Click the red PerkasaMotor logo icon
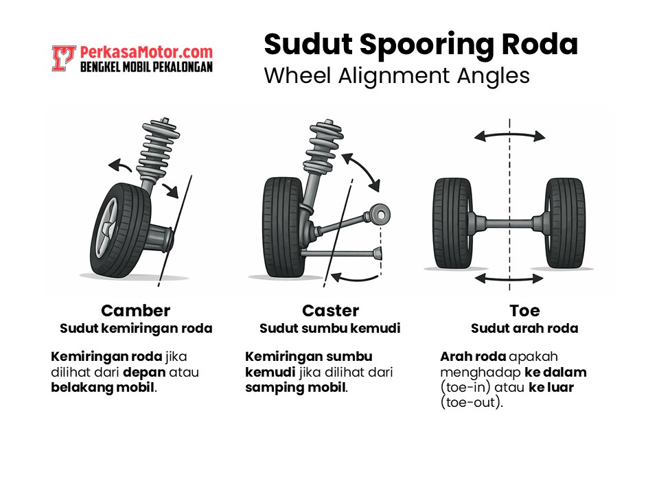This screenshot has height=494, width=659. tap(63, 58)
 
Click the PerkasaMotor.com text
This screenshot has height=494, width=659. tap(146, 52)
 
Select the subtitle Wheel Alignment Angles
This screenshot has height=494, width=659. tap(397, 75)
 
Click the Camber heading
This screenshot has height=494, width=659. tap(135, 311)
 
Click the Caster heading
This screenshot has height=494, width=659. tap(330, 311)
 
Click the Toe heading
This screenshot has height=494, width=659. tap(524, 311)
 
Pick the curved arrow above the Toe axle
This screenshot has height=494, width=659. tap(509, 135)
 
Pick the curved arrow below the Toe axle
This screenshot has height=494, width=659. tap(509, 279)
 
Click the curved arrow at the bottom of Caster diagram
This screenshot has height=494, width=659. tap(356, 276)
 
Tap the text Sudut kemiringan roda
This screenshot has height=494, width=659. tap(136, 329)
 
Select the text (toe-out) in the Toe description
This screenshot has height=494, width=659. tap(472, 403)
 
